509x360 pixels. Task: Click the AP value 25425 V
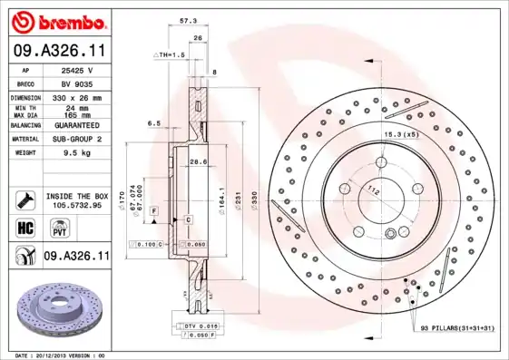[x=77, y=69]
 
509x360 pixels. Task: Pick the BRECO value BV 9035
[x=77, y=82]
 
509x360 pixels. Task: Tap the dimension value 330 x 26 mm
[x=77, y=96]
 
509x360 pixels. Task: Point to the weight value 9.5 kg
[x=77, y=153]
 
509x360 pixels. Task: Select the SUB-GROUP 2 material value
[x=77, y=139]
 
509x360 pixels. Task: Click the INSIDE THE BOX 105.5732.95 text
[x=77, y=200]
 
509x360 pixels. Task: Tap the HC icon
[x=25, y=227]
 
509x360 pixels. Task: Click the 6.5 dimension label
[x=153, y=122]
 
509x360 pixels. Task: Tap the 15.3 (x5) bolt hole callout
[x=400, y=134]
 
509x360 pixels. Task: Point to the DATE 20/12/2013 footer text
[x=61, y=355]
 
